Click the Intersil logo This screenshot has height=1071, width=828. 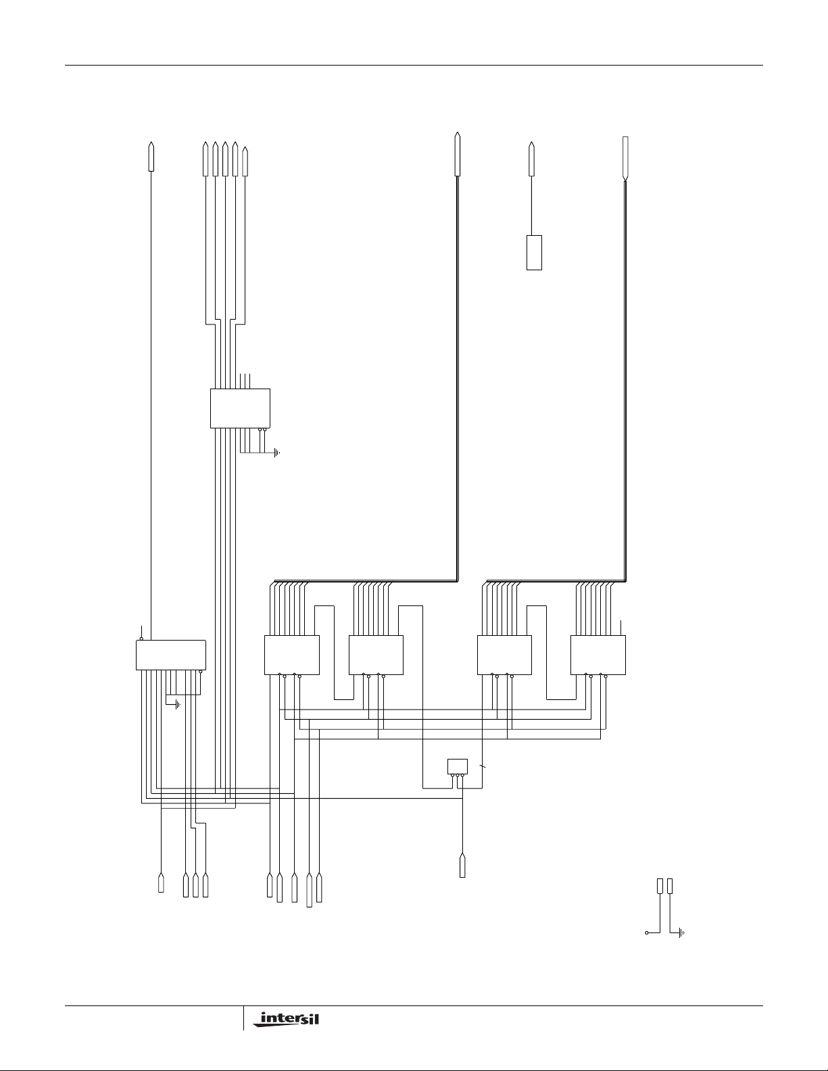pos(286,1019)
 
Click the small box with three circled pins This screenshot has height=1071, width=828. pos(458,766)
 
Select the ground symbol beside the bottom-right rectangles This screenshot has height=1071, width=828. pos(682,932)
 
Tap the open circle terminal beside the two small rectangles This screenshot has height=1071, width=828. pos(647,932)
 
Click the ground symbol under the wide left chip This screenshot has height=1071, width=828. pos(178,705)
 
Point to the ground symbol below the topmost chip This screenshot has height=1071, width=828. pos(277,453)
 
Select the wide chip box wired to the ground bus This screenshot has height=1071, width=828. pos(170,655)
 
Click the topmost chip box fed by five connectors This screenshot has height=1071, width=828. pos(240,409)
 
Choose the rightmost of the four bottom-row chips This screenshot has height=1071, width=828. pos(598,655)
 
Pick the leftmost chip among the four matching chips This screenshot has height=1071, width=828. pos(292,655)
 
